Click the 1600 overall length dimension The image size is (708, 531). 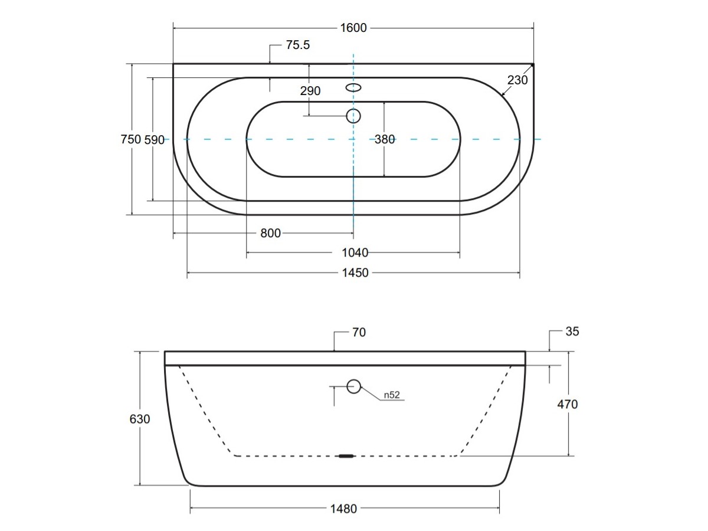[353, 27]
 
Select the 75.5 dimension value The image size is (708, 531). [298, 45]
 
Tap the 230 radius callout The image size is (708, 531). [517, 80]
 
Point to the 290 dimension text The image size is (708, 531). [310, 91]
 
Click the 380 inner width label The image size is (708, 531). [385, 140]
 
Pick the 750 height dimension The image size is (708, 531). [130, 139]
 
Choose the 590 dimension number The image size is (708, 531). [155, 140]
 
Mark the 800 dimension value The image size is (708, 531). [270, 233]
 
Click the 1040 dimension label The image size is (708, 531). [355, 253]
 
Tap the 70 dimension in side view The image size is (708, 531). [359, 333]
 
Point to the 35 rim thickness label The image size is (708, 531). [572, 332]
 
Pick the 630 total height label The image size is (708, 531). [140, 419]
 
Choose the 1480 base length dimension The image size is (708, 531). [342, 509]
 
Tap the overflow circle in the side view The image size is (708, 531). [353, 386]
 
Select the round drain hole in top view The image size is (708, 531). [353, 116]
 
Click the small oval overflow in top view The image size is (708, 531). [353, 88]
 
